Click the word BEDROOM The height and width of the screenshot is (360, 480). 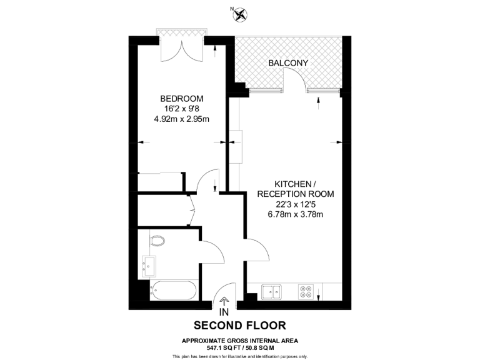click(x=182, y=99)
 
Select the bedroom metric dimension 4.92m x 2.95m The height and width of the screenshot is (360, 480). click(x=182, y=119)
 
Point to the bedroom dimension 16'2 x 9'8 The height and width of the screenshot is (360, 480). click(x=182, y=109)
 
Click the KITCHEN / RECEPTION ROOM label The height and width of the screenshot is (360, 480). click(x=294, y=189)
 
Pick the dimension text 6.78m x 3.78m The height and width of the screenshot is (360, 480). click(x=294, y=214)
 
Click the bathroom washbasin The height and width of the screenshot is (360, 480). click(x=149, y=266)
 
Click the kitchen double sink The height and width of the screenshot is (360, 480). click(x=272, y=291)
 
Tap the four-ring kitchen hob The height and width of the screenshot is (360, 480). click(x=307, y=291)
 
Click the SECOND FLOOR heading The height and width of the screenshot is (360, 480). click(x=239, y=325)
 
